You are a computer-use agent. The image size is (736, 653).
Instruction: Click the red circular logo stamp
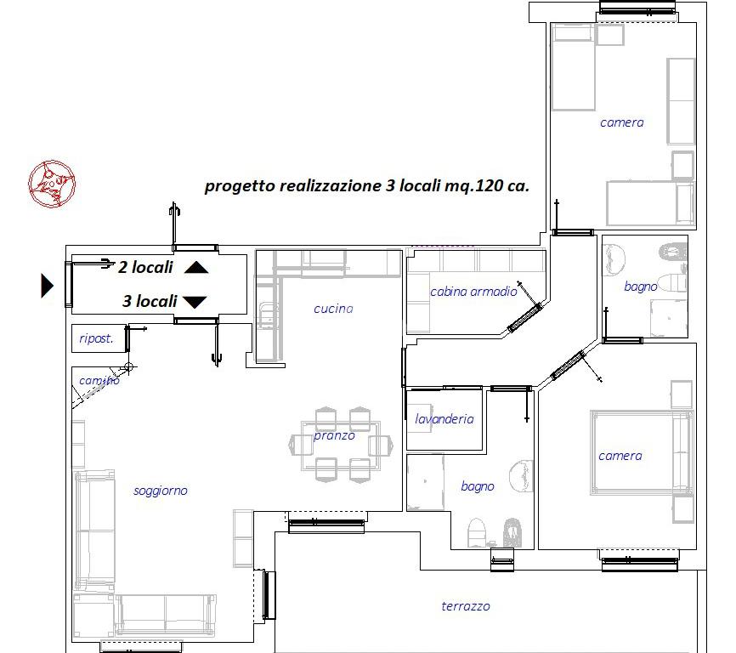point(52,184)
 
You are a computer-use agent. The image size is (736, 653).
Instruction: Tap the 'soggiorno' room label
point(161,491)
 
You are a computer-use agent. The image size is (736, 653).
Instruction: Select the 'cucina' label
point(333,309)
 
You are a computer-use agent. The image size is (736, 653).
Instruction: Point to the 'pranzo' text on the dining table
point(334,435)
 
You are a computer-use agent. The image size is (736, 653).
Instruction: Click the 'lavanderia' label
point(444,418)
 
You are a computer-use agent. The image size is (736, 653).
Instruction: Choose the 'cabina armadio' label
point(473,292)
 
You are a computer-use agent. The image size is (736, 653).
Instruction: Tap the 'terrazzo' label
point(466,606)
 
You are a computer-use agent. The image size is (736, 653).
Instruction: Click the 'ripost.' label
point(96,338)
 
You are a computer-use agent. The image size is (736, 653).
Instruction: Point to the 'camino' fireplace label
point(99,380)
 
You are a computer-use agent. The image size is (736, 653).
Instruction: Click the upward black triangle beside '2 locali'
point(196,268)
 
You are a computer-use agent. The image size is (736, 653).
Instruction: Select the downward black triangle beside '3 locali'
point(195,302)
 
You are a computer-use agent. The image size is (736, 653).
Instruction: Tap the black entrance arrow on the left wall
point(47,286)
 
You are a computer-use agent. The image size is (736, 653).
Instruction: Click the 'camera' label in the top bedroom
point(621,122)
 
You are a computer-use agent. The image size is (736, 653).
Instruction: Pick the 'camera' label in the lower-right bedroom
point(620,456)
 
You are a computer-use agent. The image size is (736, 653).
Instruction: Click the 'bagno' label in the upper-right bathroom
point(640,287)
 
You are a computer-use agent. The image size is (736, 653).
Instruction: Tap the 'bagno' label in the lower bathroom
point(478,486)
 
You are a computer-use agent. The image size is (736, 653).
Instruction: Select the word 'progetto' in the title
point(240,186)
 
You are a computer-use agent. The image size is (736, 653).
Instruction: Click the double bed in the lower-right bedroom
point(642,452)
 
